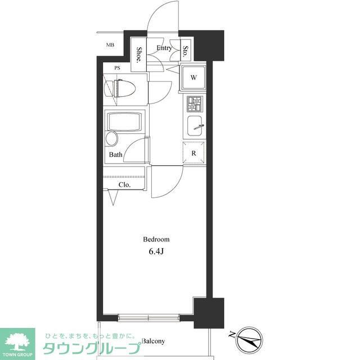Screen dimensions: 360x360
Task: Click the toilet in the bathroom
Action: point(120,89)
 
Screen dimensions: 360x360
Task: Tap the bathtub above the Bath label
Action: point(124,121)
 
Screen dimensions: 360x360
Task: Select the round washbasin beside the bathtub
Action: point(112,139)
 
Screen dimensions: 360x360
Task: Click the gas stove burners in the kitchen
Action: point(195,104)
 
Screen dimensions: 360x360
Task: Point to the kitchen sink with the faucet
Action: point(195,126)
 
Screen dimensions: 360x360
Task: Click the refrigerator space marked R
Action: point(193,153)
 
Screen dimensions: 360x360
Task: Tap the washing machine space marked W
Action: point(193,78)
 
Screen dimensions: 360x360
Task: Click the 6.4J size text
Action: point(156,251)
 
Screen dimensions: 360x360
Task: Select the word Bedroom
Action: point(156,240)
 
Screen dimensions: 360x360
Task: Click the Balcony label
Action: point(154,341)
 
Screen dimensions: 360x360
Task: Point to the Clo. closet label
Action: point(124,185)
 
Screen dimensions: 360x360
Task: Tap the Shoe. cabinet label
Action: point(139,55)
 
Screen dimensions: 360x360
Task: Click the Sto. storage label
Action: point(185,51)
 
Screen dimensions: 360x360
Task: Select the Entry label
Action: point(164,48)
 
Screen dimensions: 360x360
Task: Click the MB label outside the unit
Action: point(110,45)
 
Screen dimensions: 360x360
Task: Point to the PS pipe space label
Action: point(118,68)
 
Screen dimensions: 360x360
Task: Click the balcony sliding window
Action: point(148,318)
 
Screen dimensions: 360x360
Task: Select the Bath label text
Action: point(116,155)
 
